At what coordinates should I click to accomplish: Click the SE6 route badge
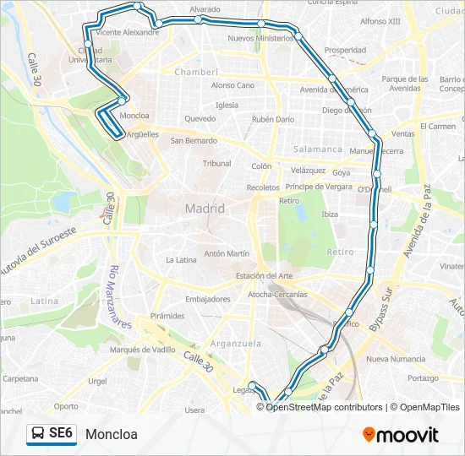click(52, 434)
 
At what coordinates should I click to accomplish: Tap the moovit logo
click(401, 435)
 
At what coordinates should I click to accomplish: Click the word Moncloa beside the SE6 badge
click(111, 435)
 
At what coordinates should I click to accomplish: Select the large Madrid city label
click(205, 209)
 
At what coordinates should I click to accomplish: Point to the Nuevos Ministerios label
click(261, 39)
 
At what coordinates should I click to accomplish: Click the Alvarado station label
click(205, 8)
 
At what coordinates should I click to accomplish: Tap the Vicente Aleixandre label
click(128, 32)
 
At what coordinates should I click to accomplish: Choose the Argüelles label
click(142, 134)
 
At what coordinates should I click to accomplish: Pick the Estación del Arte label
click(265, 276)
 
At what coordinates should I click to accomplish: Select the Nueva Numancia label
click(396, 360)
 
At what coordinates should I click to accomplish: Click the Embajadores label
click(208, 299)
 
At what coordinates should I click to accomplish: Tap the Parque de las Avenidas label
click(401, 83)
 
